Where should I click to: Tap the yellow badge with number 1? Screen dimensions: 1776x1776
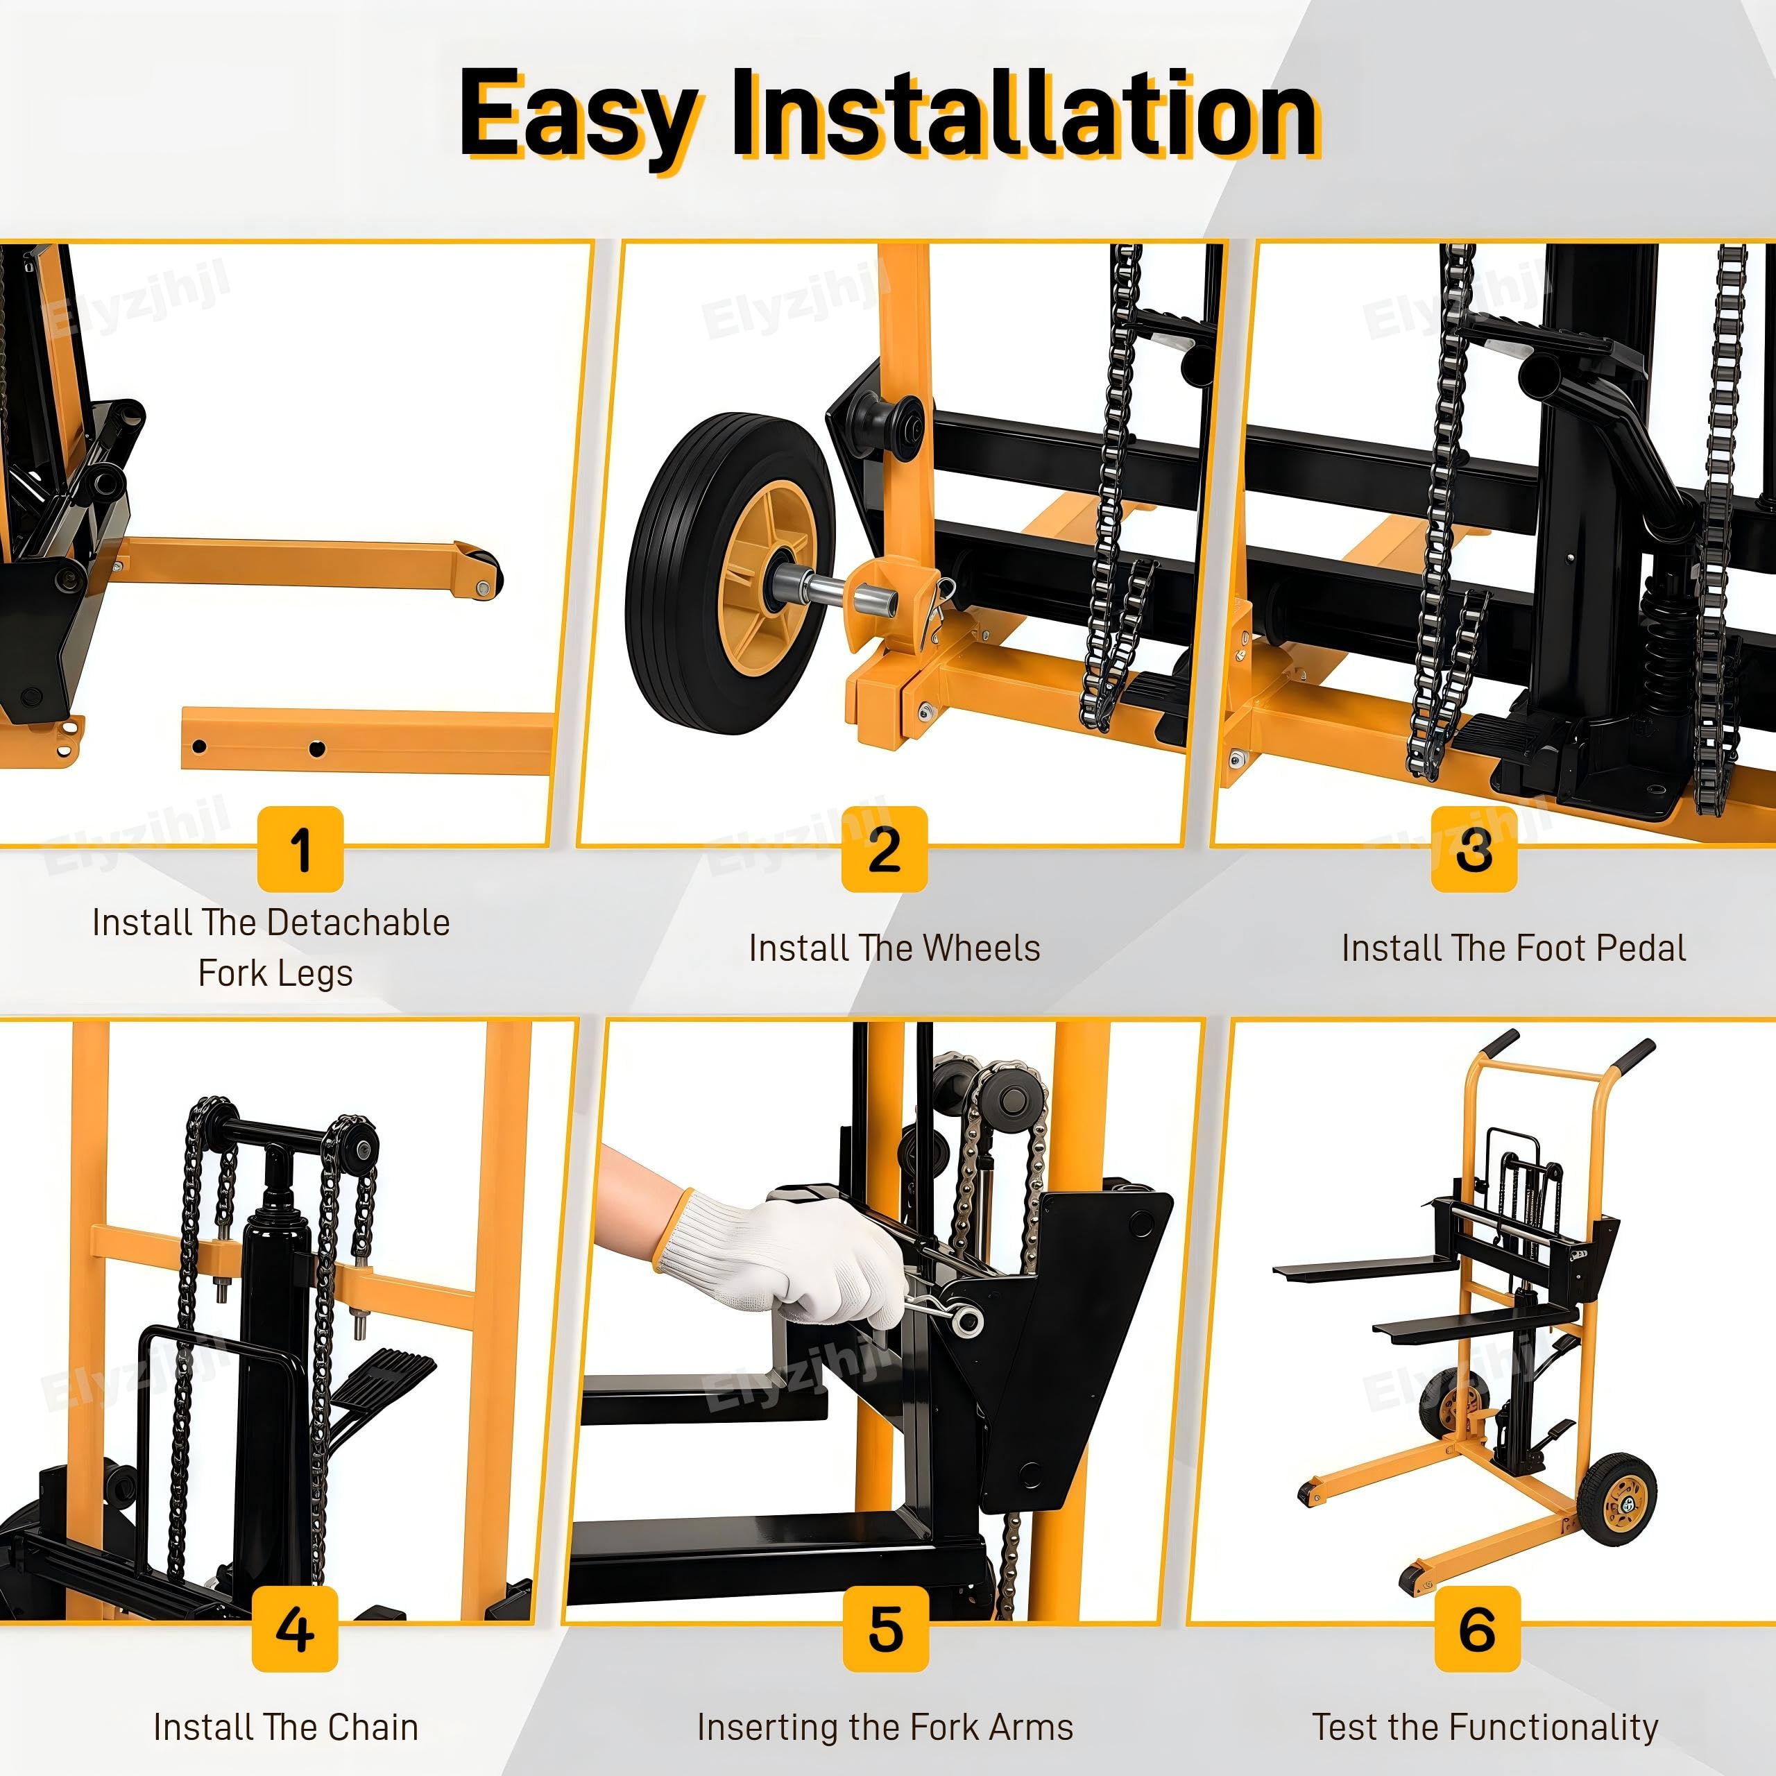pyautogui.click(x=300, y=848)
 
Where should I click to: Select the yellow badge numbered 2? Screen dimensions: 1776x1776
pyautogui.click(x=885, y=848)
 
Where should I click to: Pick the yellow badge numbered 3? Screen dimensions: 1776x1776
pyautogui.click(x=1474, y=848)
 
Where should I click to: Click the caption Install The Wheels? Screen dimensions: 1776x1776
pyautogui.click(x=894, y=948)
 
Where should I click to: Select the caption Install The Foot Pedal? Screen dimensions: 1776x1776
pyautogui.click(x=1514, y=948)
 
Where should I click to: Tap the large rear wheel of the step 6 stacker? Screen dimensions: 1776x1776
pyautogui.click(x=1617, y=1499)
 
